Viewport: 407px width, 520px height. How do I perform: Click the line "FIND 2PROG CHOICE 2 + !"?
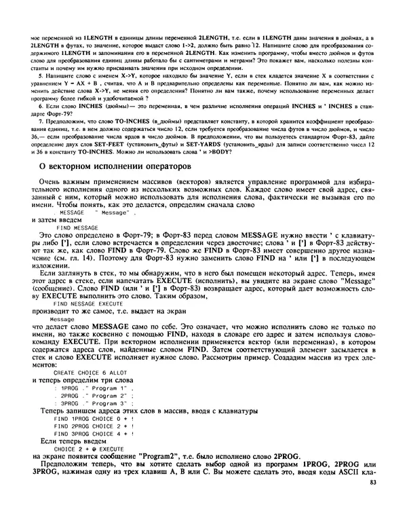pos(93,426)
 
